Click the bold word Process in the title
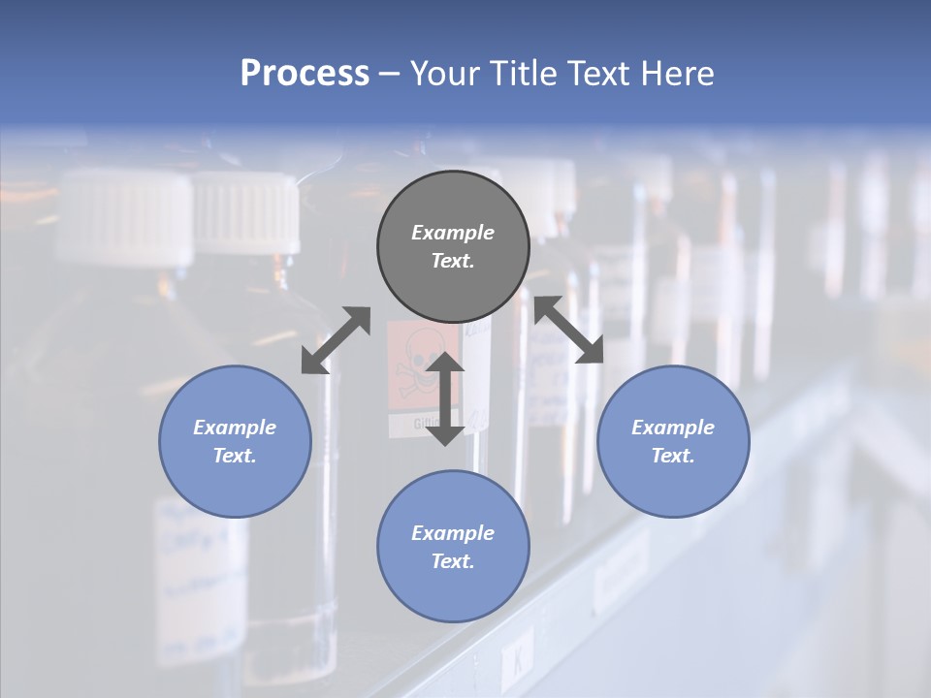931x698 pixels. click(305, 74)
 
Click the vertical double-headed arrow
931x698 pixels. click(445, 398)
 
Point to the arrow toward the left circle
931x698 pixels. click(336, 340)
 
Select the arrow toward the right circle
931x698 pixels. click(569, 330)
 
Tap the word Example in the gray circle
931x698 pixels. click(453, 233)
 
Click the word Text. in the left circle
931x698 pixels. click(235, 456)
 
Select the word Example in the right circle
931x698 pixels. click(673, 428)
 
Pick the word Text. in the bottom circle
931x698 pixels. click(453, 561)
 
